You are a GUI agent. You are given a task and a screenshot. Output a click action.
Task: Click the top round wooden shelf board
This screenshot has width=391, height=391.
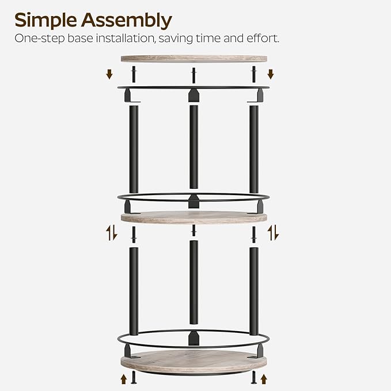(193, 59)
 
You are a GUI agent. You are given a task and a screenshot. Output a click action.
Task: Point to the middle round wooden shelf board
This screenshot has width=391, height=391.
(193, 218)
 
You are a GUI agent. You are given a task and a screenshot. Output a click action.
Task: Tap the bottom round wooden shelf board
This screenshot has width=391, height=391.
(193, 361)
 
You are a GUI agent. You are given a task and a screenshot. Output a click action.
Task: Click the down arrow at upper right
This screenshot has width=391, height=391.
(271, 74)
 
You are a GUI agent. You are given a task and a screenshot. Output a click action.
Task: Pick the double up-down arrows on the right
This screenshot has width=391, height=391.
(274, 233)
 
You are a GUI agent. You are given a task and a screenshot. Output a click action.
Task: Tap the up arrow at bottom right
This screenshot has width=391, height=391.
(265, 379)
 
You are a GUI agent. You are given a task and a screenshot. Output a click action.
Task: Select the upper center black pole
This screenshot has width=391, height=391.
(193, 147)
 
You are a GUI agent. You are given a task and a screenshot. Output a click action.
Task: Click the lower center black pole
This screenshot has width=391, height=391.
(193, 282)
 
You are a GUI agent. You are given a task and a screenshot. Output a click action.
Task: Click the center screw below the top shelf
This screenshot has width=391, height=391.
(193, 74)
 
